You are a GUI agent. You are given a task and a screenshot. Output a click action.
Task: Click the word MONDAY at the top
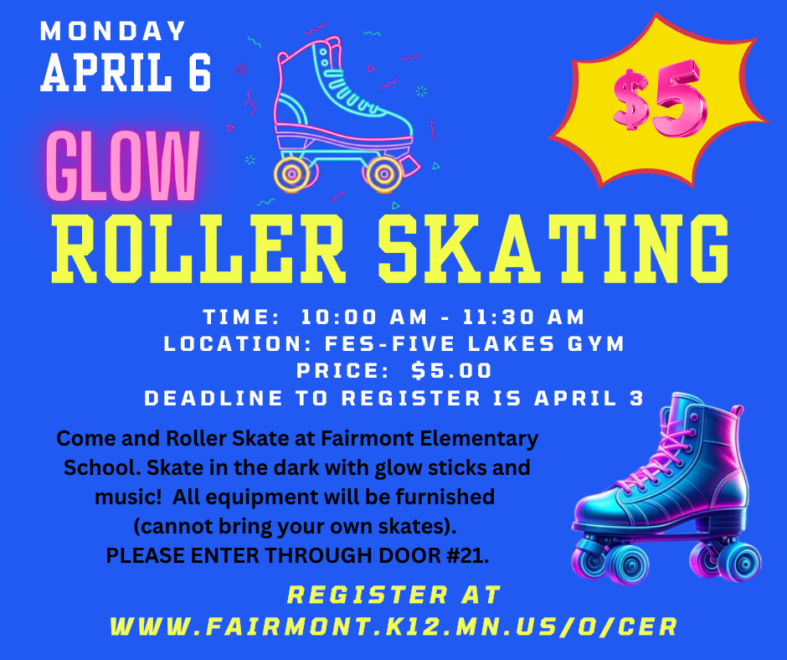(113, 32)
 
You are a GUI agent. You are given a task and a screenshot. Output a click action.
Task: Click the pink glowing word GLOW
(122, 167)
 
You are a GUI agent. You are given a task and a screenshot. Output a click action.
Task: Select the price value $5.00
(452, 370)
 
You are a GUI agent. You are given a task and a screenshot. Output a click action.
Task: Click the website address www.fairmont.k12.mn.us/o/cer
(393, 626)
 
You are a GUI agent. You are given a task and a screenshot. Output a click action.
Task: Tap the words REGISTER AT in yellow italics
(393, 596)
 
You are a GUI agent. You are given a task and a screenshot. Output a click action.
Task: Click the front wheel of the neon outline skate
(384, 173)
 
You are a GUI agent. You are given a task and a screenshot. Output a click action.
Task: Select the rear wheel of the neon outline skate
(292, 174)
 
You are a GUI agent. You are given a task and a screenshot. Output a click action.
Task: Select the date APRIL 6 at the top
(126, 74)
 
